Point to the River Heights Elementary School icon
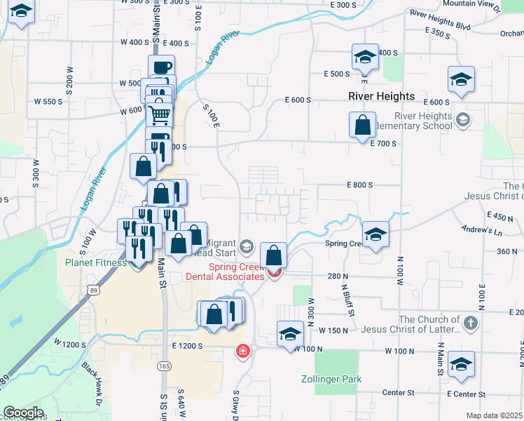tap(462, 120)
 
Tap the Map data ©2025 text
tap(495, 415)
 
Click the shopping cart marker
tap(160, 114)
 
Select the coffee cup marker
tap(161, 67)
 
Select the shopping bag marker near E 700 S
tap(362, 126)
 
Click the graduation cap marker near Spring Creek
tap(375, 234)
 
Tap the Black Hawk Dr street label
tap(92, 379)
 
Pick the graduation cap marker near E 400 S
tap(364, 57)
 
